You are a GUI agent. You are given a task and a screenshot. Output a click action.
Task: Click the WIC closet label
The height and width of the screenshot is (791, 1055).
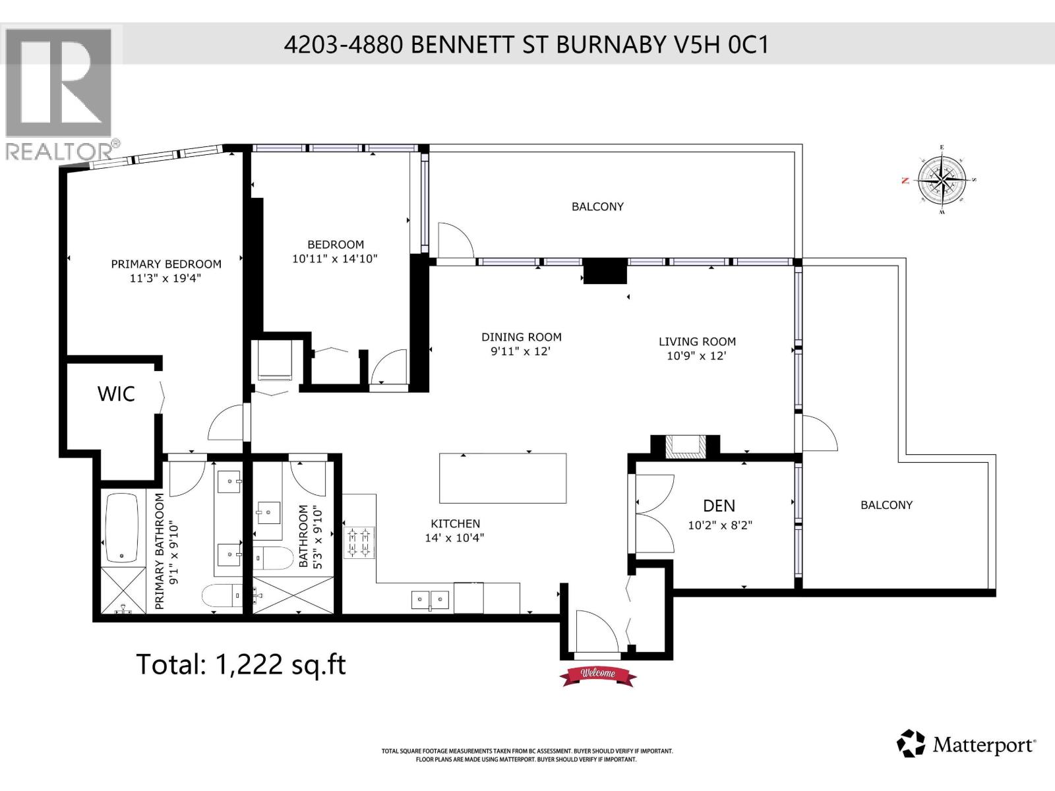[x=116, y=394]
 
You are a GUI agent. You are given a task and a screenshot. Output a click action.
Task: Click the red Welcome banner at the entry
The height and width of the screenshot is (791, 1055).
[x=598, y=674]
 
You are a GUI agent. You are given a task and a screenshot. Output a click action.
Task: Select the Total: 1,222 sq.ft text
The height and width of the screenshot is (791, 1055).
[x=241, y=664]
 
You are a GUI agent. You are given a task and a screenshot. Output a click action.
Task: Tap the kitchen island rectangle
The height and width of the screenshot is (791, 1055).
[x=502, y=479]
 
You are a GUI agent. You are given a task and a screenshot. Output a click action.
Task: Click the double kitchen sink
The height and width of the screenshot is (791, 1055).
[x=430, y=600]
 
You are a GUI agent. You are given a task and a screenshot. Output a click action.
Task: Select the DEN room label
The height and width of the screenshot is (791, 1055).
[x=719, y=506]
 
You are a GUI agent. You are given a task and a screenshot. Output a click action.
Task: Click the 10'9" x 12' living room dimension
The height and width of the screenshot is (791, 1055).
[x=696, y=356]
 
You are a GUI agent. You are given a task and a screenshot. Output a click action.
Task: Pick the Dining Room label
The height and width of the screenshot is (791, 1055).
[x=521, y=337]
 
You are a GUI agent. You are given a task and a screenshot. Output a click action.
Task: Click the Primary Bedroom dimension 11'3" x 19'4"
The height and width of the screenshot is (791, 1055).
[x=166, y=278]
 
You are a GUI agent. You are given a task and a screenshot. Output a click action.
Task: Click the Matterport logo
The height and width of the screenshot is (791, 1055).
[x=966, y=745]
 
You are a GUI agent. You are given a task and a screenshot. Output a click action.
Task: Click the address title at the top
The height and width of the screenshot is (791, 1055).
[x=526, y=45]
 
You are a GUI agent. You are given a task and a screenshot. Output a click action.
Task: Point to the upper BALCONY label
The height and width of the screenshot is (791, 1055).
[x=597, y=206]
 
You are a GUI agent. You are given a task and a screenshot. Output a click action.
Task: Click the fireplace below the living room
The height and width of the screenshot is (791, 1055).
[x=684, y=446]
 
